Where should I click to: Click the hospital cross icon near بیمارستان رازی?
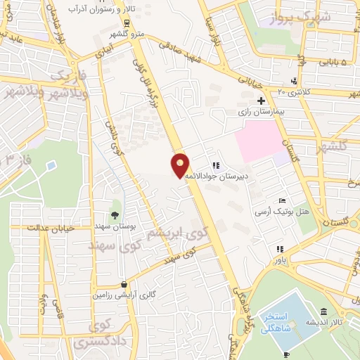(x=261, y=101)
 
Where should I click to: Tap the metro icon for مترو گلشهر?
(x=127, y=22)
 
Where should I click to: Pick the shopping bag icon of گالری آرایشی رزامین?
(x=124, y=285)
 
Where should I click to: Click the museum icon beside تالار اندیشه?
(x=323, y=311)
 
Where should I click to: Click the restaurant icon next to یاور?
(x=280, y=249)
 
